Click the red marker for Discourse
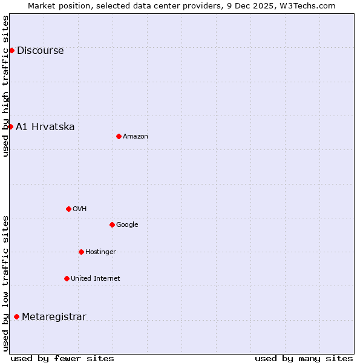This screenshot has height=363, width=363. coord(11,50)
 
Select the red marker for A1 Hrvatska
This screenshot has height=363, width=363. coord(10,126)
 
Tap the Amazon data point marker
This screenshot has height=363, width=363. coord(119,136)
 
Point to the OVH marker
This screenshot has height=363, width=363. coord(68,209)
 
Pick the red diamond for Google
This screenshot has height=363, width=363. coord(112,224)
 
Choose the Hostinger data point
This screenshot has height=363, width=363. coord(81,252)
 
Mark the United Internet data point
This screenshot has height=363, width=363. coord(67,278)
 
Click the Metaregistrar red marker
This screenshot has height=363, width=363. coord(16,316)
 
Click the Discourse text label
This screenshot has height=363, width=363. coord(40,51)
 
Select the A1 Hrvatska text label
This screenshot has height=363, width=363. coord(45,127)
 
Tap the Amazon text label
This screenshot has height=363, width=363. coord(136,137)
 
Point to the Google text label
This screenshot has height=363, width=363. coord(127,225)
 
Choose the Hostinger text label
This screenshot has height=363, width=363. coord(100,252)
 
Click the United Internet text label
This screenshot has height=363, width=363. coord(95,279)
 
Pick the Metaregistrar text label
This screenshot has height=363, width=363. coord(54,317)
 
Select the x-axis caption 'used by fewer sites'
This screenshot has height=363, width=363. coord(62,358)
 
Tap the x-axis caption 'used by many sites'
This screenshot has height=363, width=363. coord(304,358)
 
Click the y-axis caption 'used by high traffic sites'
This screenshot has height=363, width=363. coord(6,86)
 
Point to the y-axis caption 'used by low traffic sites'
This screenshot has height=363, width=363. coord(6,283)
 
